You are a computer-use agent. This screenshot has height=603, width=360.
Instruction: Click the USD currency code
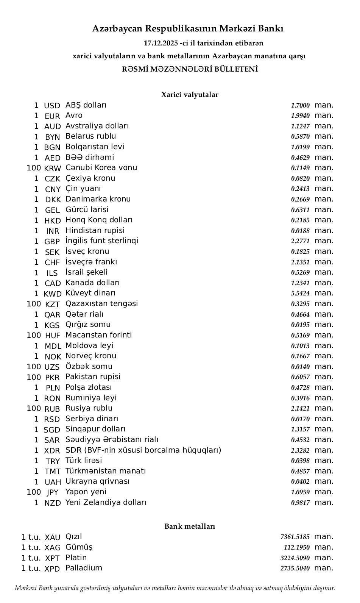[x=52, y=106]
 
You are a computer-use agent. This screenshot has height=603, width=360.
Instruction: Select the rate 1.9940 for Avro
[x=300, y=116]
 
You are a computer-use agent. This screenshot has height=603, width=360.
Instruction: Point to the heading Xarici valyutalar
[x=190, y=95]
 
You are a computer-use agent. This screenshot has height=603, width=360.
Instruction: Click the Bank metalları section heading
[x=190, y=526]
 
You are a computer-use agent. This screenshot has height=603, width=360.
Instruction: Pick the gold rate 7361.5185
[x=295, y=537]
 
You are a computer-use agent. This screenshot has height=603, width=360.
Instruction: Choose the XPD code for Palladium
[x=52, y=569]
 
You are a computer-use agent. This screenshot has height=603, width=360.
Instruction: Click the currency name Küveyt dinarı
[x=90, y=293]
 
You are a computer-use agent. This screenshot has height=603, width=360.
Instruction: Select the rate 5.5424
[x=300, y=294]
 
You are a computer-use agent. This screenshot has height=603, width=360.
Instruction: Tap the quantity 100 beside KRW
[x=34, y=168]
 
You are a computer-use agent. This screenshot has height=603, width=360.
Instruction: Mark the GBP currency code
[x=52, y=241]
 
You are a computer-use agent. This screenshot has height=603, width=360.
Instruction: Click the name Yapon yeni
[x=86, y=492]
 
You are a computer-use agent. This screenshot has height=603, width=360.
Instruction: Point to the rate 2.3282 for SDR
[x=300, y=450]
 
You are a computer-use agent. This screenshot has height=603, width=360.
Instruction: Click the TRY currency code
[x=53, y=461]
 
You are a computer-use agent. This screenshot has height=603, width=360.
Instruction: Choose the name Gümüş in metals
[x=79, y=547]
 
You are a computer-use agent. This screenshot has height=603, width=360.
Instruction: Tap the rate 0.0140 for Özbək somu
[x=300, y=367]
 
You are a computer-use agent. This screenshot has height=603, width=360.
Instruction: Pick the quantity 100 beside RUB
[x=34, y=408]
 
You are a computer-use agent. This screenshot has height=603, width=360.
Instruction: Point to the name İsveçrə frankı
[x=91, y=262]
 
